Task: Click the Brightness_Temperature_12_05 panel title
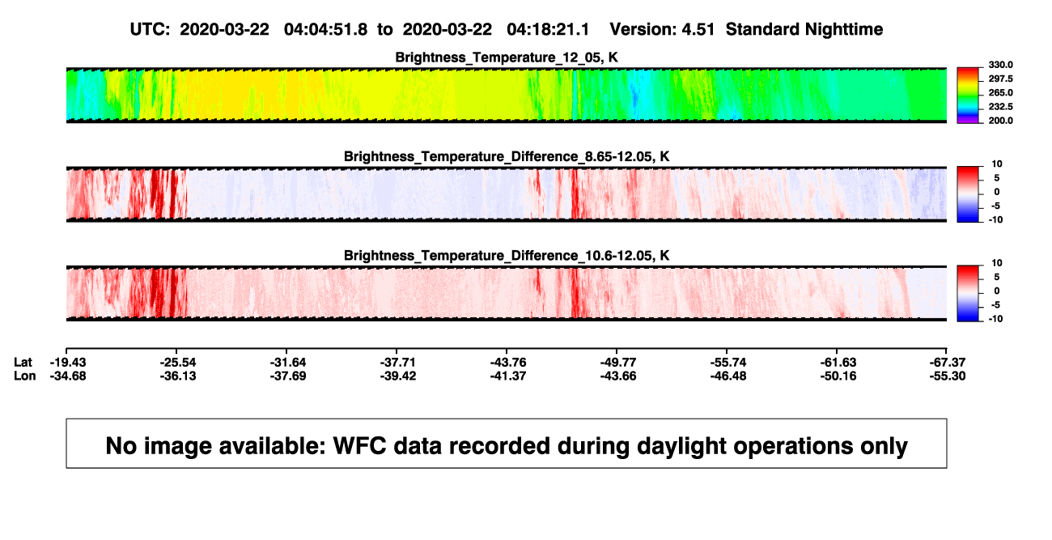tap(507, 57)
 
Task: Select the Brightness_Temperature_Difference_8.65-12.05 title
tap(507, 156)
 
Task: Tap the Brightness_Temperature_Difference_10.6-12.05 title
tap(507, 256)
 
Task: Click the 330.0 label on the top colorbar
tap(1000, 65)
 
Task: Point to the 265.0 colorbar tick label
tap(1000, 92)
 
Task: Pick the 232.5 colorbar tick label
tap(1000, 107)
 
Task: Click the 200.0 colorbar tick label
tap(1000, 121)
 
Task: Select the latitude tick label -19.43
tap(68, 363)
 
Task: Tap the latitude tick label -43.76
tap(508, 363)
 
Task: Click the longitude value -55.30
tap(948, 376)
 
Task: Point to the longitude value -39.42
tap(398, 376)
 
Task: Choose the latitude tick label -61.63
tap(838, 363)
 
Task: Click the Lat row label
tap(23, 363)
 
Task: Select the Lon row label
tap(25, 376)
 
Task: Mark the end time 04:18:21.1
tap(548, 29)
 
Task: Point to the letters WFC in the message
tap(359, 446)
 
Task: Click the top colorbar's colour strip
tap(968, 96)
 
